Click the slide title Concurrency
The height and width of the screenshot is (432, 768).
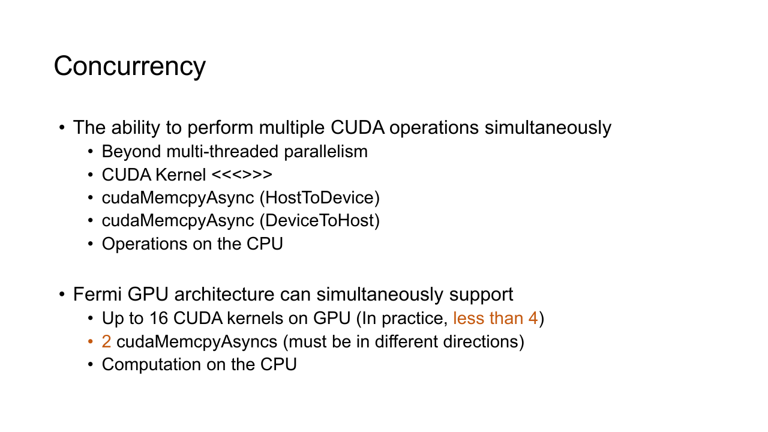[130, 67]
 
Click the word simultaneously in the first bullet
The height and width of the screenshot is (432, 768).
[548, 128]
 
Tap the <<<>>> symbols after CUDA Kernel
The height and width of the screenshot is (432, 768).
[242, 175]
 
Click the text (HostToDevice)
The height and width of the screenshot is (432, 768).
[320, 198]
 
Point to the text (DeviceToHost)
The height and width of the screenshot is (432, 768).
[320, 220]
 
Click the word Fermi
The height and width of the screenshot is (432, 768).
[97, 294]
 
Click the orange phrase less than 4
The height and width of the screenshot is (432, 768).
[496, 318]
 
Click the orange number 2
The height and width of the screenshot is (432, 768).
[106, 342]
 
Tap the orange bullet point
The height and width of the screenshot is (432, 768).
[91, 342]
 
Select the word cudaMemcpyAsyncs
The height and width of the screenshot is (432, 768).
[197, 342]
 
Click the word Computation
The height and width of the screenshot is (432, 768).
[151, 365]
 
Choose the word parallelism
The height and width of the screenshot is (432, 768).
[326, 152]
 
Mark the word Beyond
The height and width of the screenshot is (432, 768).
[131, 152]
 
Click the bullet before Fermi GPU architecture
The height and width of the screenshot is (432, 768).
[62, 294]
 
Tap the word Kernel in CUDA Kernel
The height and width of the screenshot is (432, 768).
[181, 175]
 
